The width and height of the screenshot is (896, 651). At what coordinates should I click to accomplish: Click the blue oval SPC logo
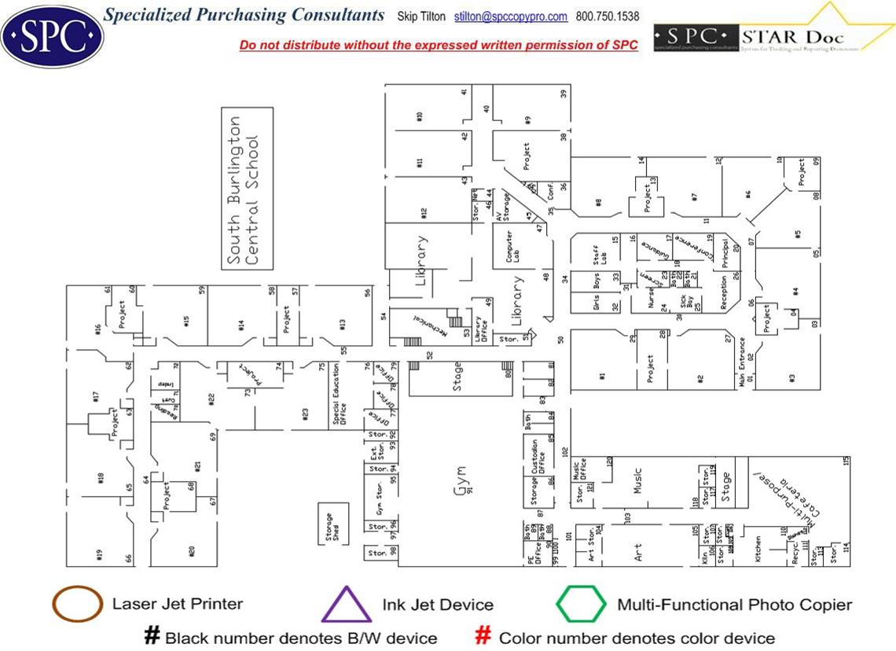pyautogui.click(x=53, y=34)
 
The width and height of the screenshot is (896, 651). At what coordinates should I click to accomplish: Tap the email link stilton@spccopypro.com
pyautogui.click(x=511, y=17)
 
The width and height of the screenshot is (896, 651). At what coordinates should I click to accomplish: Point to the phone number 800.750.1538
pyautogui.click(x=608, y=17)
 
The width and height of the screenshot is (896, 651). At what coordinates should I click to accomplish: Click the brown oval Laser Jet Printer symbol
pyautogui.click(x=76, y=604)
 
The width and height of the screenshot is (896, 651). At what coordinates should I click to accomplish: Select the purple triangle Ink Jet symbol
pyautogui.click(x=346, y=605)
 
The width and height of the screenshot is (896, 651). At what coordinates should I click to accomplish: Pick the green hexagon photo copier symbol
pyautogui.click(x=581, y=605)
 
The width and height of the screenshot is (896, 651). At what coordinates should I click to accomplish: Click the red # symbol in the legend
pyautogui.click(x=484, y=636)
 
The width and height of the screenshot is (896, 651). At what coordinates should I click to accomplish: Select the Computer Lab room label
pyautogui.click(x=512, y=246)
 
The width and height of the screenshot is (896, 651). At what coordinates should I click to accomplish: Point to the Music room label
pyautogui.click(x=638, y=482)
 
